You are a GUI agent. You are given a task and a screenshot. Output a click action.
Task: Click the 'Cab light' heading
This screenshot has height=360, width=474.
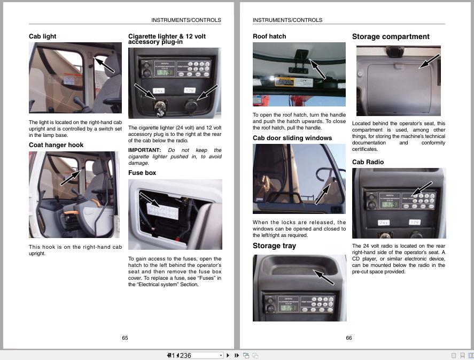42,36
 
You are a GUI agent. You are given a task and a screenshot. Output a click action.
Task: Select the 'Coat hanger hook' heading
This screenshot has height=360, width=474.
56,145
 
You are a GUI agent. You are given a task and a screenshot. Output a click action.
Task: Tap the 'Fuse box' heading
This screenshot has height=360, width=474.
142,173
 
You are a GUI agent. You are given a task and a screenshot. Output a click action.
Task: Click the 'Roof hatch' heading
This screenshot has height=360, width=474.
269,36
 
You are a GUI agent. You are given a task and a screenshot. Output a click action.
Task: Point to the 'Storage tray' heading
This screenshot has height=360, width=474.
274,246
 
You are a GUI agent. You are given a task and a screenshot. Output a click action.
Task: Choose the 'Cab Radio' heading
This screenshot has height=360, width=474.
368,162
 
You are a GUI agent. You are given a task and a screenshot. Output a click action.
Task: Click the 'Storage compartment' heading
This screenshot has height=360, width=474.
391,37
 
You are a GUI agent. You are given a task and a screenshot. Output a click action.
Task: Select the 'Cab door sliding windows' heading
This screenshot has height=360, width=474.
292,138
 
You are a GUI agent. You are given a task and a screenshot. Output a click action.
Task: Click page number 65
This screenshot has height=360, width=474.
125,338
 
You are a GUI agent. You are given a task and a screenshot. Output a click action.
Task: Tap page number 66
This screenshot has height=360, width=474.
349,338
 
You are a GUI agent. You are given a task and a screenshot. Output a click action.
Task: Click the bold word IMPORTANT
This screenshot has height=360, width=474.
144,150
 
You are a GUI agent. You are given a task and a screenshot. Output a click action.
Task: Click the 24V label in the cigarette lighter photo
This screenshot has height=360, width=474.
159,91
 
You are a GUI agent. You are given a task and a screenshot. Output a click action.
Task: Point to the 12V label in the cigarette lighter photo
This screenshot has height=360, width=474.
190,90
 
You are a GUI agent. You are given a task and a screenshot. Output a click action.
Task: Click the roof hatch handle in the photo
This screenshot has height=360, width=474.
301,56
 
